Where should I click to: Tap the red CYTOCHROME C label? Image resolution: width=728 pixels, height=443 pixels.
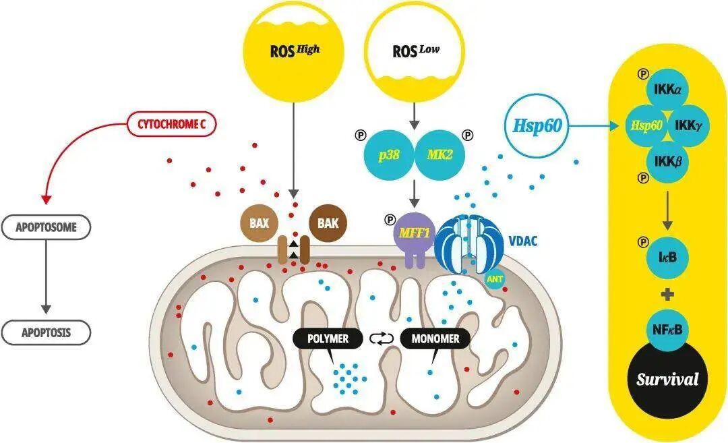(171, 125)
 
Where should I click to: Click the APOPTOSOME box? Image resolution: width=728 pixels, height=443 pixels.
(46, 227)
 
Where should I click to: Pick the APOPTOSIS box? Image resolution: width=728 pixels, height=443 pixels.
(46, 332)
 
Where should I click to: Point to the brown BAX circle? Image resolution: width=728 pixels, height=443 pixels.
(259, 223)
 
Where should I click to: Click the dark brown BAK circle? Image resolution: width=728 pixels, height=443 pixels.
(328, 223)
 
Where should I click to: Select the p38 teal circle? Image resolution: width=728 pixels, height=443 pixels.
(389, 154)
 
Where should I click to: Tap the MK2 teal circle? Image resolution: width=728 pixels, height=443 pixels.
(439, 154)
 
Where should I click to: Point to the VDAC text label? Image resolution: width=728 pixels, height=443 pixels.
(523, 241)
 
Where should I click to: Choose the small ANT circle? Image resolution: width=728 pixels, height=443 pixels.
(495, 279)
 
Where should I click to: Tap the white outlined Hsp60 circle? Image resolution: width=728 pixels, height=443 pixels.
(538, 125)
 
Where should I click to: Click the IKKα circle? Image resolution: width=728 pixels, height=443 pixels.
(667, 89)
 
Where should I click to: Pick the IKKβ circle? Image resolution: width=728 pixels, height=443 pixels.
(667, 162)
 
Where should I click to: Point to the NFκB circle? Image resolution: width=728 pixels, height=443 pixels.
(667, 330)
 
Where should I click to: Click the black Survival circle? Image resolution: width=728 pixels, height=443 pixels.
(667, 378)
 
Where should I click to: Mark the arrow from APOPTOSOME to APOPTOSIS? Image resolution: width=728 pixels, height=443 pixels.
(46, 276)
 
